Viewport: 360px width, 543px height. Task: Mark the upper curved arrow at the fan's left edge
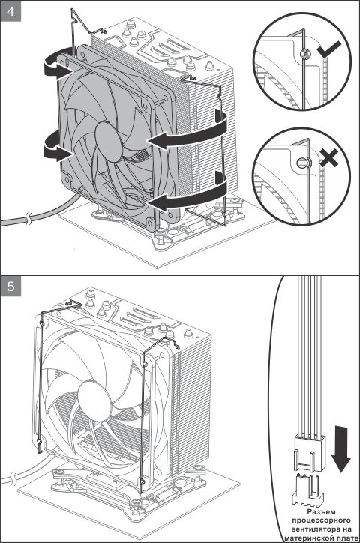pyautogui.click(x=54, y=68)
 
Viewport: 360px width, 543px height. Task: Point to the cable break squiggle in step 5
pyautogui.click(x=13, y=477)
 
